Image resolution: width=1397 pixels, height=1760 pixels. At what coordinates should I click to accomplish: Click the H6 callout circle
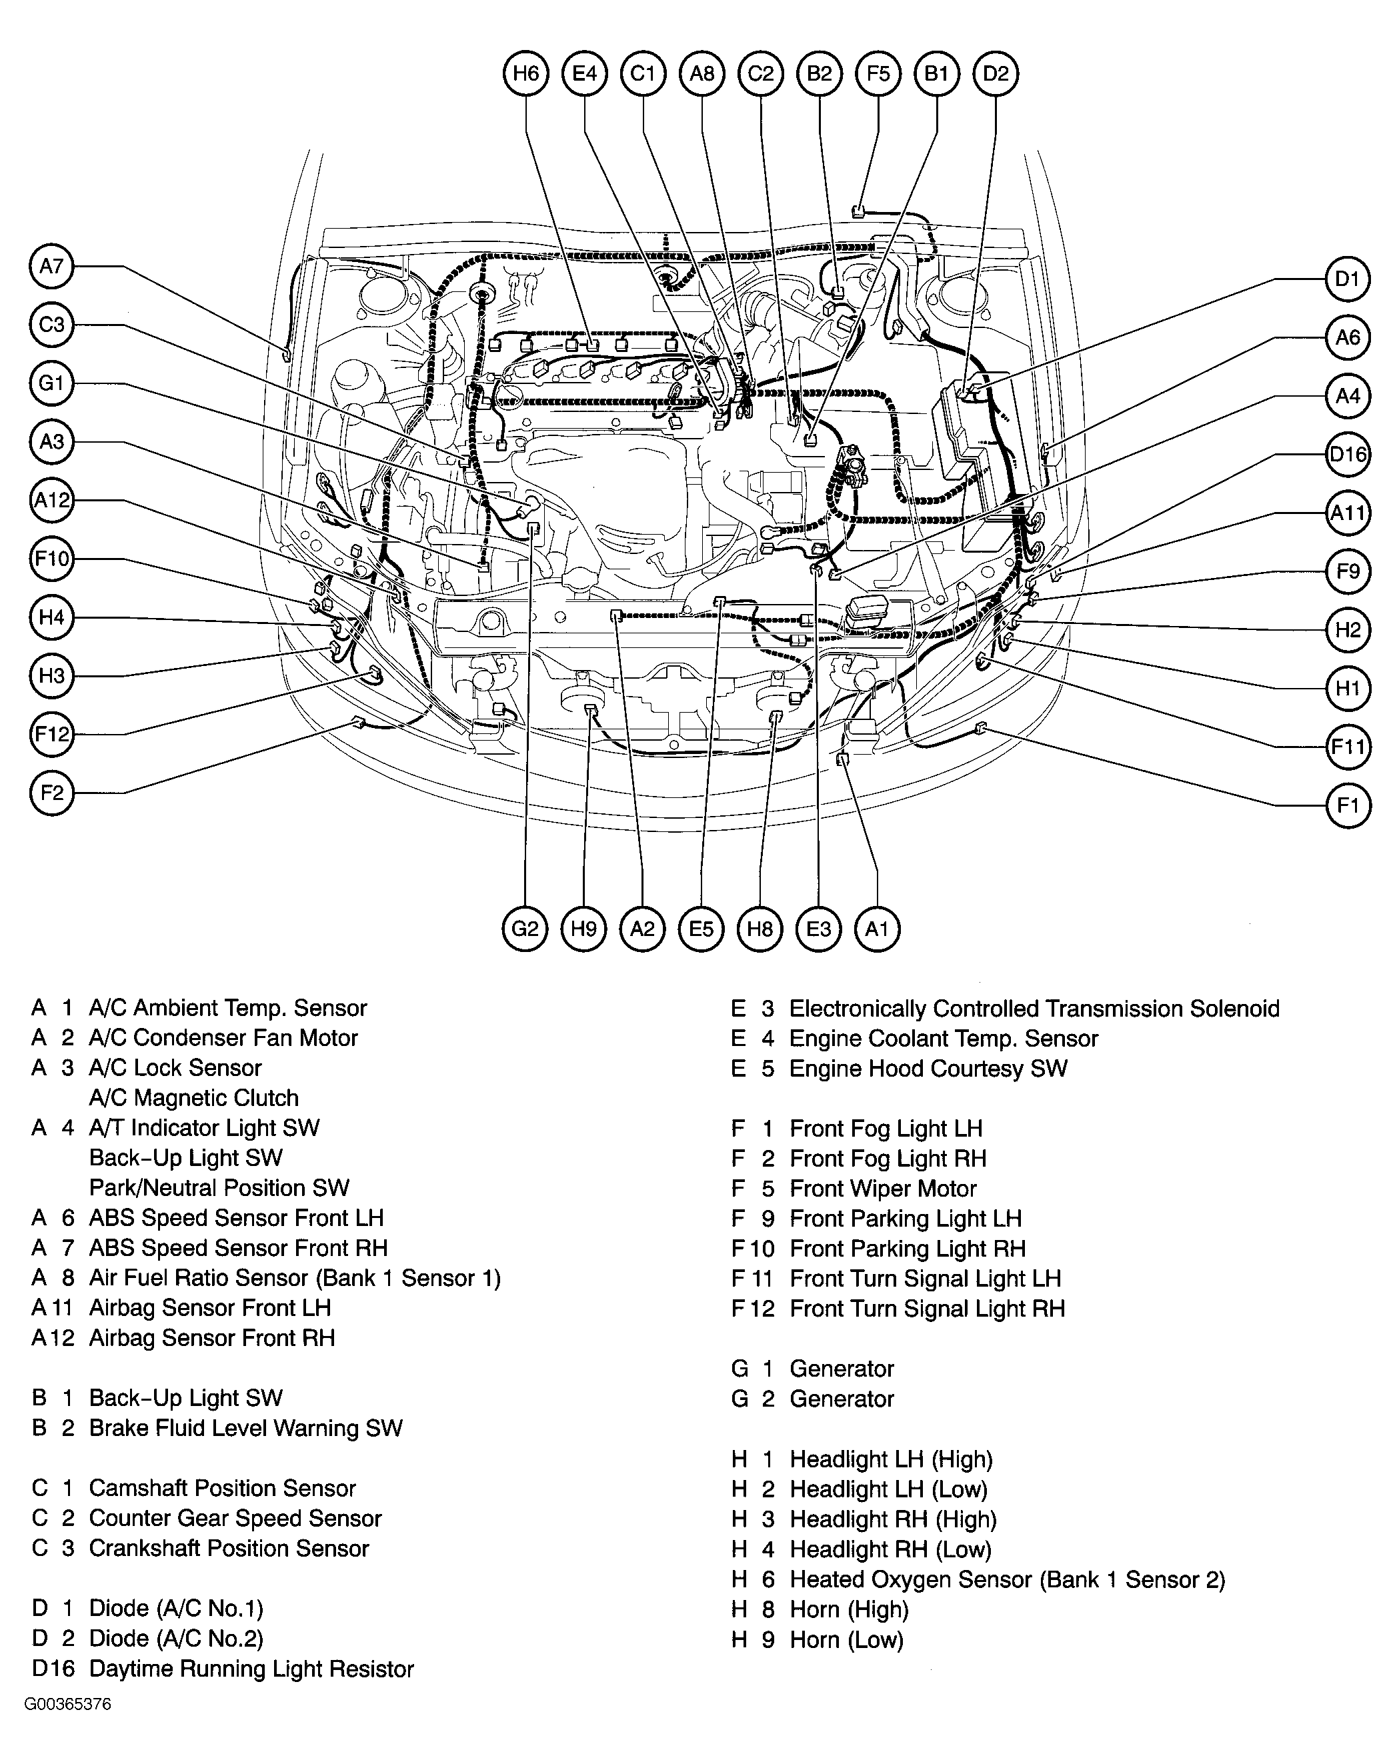pos(526,73)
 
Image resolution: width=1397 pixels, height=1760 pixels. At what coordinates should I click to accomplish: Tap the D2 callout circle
pos(996,73)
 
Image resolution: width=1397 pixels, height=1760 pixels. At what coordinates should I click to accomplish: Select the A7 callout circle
pos(51,266)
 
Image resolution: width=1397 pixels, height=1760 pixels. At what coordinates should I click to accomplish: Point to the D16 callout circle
pos(1347,454)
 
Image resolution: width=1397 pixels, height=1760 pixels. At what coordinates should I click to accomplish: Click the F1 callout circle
pos(1347,806)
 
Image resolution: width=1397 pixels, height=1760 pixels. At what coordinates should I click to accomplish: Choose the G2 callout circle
pos(525,929)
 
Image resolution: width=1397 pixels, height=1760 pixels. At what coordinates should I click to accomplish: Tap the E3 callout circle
pos(818,929)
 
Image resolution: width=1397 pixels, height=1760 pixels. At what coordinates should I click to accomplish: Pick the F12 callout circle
pos(51,734)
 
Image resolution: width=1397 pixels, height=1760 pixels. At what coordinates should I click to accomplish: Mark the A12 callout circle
pos(51,499)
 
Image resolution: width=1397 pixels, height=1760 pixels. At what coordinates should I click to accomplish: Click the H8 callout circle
pos(760,929)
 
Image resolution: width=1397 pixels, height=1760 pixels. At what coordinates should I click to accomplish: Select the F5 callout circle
pos(878,73)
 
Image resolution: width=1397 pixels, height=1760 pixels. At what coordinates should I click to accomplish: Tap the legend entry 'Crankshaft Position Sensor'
pos(229,1548)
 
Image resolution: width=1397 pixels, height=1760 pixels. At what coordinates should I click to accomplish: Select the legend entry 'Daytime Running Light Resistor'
pos(251,1669)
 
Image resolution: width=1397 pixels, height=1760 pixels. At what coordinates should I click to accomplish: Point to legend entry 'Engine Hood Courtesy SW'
pos(928,1069)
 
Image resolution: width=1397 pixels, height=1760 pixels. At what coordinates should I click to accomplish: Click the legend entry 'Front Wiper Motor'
pos(883,1189)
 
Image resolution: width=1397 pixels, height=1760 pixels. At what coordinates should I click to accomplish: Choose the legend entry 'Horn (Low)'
pos(846,1639)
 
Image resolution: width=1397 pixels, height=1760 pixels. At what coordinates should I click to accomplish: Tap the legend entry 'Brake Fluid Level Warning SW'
pos(245,1428)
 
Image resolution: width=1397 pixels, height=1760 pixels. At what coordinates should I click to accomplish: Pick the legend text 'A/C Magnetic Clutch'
pos(193,1098)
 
